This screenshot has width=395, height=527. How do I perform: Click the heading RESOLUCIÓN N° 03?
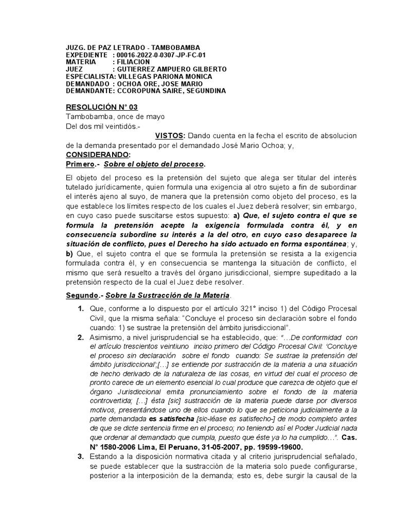tap(99, 107)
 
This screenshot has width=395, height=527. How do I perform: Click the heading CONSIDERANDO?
tap(98, 154)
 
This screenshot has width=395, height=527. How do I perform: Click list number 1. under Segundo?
tap(81, 308)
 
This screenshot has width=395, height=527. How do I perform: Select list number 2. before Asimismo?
tap(81, 338)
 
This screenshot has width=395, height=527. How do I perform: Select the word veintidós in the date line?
tap(116, 126)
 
